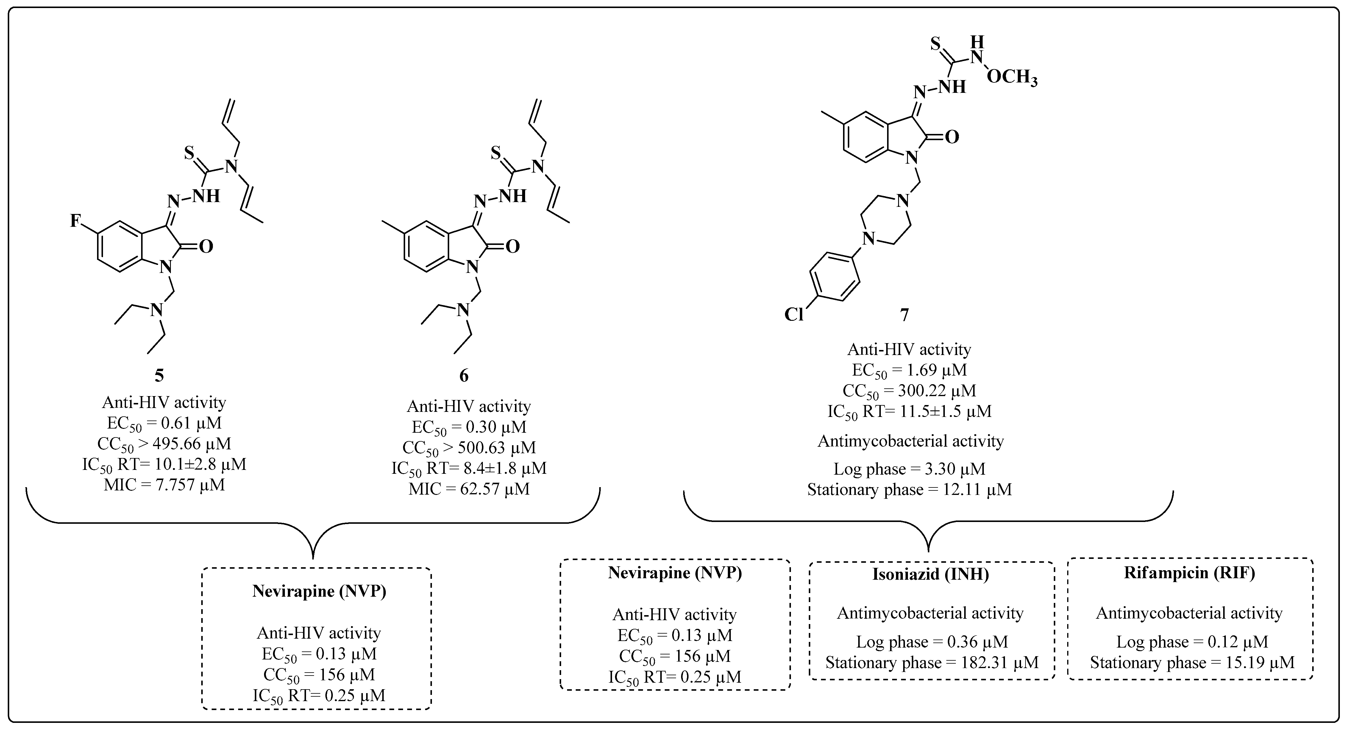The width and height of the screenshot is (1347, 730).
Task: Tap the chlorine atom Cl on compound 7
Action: (794, 314)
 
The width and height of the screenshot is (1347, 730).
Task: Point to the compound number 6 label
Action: (464, 376)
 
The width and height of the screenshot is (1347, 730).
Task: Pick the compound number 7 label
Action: (904, 314)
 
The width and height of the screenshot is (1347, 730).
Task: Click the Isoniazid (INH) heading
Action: (931, 574)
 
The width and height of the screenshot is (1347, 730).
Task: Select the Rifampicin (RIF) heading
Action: (1190, 573)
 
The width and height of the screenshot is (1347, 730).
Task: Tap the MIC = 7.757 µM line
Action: (164, 485)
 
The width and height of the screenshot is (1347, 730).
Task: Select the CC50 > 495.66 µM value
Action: (164, 443)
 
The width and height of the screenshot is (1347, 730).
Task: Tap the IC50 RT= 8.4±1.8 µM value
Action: (469, 468)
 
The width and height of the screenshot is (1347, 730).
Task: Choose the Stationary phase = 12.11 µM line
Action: (909, 490)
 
